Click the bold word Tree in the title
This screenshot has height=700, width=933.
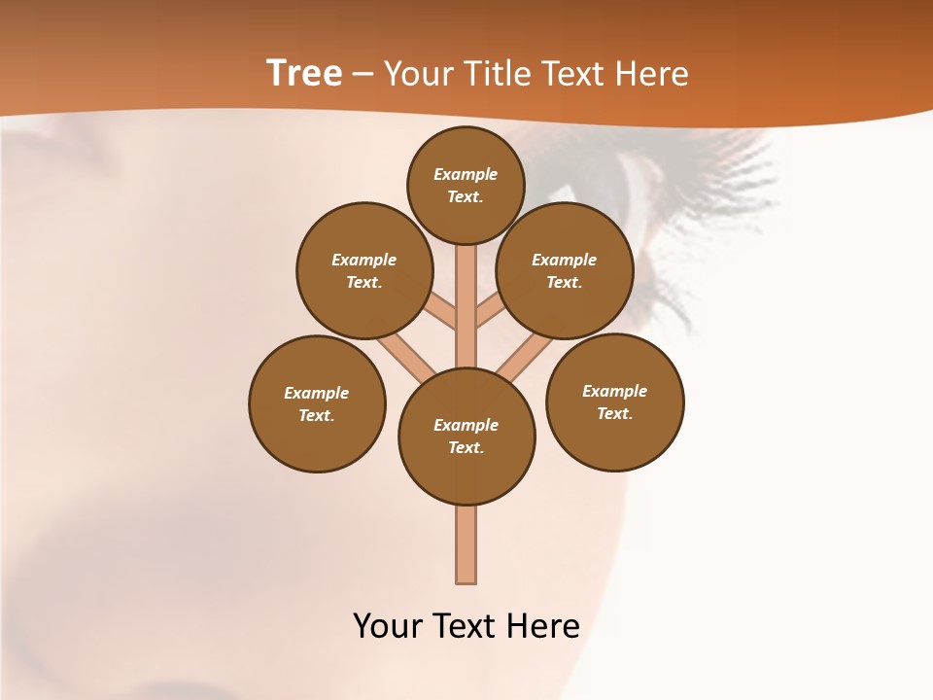(x=304, y=74)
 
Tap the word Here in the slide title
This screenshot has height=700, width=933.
(x=652, y=74)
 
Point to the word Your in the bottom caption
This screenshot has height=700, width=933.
(x=389, y=625)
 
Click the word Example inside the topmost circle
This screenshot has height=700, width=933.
(x=466, y=174)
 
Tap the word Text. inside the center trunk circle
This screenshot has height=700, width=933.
(x=466, y=447)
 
